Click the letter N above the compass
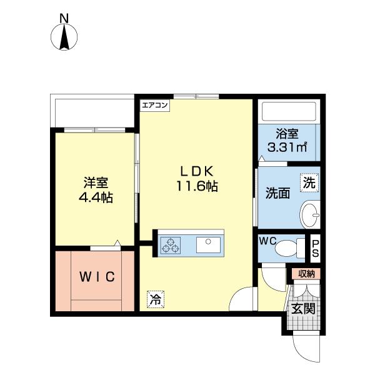pos(63,19)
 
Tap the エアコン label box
pos(154,105)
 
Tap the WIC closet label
pos(96,276)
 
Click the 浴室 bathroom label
pos(287,134)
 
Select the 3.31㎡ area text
pos(287,148)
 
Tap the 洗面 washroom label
pos(277,193)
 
